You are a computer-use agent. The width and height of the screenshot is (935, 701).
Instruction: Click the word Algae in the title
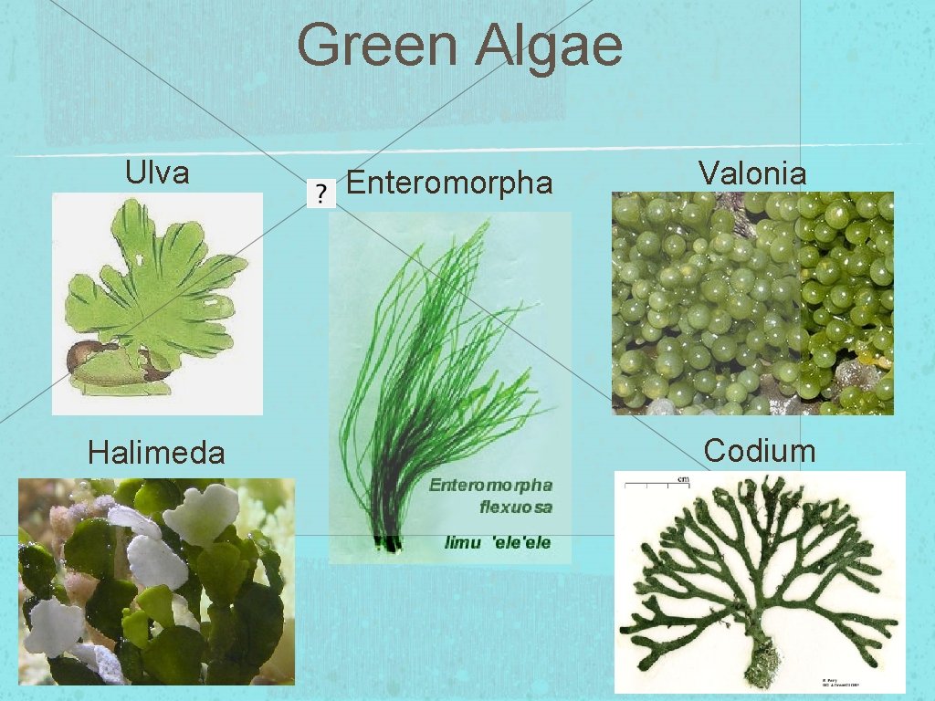pos(548,47)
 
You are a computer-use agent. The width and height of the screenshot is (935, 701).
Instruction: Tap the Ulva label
pos(157,173)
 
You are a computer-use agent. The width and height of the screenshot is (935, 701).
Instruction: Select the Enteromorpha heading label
pos(450,183)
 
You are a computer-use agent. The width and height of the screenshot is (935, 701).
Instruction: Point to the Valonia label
pos(752,173)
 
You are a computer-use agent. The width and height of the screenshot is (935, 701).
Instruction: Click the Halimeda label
pos(156,452)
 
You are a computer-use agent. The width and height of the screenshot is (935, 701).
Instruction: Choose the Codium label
pos(759,450)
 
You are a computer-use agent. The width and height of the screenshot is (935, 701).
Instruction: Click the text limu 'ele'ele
pos(498,542)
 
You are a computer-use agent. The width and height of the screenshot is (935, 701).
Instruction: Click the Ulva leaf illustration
pos(164,283)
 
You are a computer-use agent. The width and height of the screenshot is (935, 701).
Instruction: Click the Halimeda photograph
pos(156,581)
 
